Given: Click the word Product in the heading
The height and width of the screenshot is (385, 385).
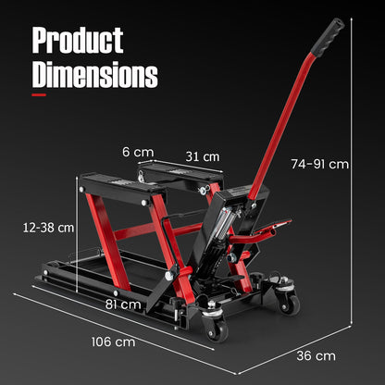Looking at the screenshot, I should point(78,40).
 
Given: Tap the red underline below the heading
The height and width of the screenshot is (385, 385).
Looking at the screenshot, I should point(52,93).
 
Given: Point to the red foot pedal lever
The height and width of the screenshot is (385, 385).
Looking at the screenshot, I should point(273,227).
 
